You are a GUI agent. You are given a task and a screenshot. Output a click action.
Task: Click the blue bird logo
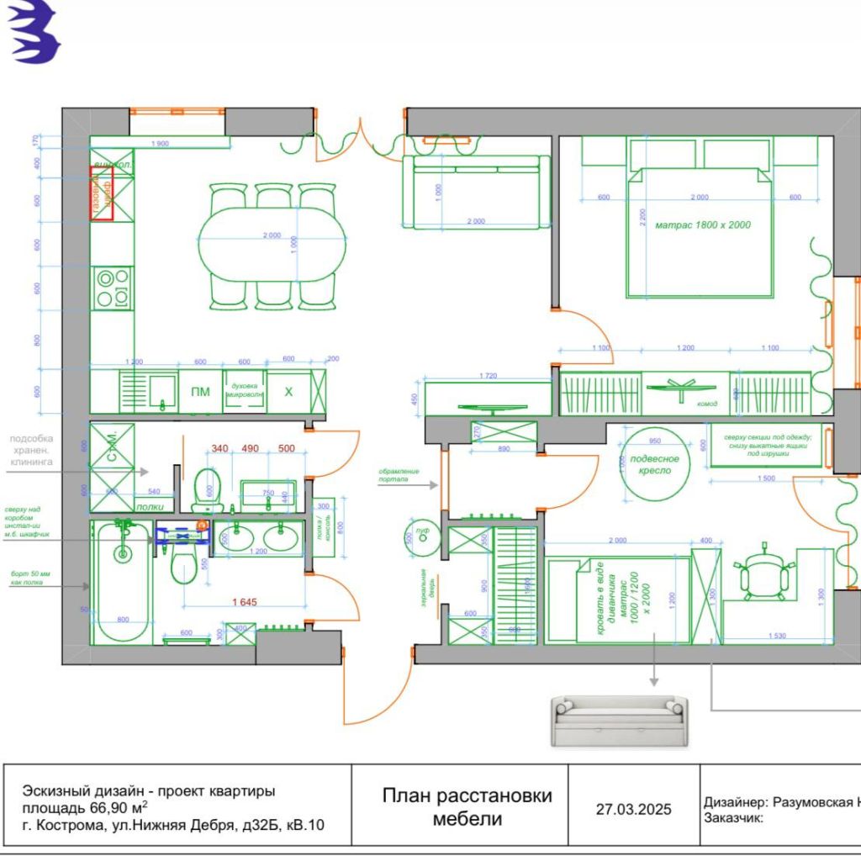point(34,32)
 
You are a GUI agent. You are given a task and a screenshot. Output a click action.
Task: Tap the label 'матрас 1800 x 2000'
point(703,225)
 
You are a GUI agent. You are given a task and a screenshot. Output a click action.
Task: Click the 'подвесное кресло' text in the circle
point(656,465)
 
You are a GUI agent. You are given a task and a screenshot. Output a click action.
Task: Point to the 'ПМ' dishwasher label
point(200,392)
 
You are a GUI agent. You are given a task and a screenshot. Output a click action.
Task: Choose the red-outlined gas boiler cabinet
point(102,193)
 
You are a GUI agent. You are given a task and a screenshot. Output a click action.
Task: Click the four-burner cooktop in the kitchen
point(113,288)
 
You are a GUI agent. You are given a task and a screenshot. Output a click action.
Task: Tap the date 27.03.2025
point(634,810)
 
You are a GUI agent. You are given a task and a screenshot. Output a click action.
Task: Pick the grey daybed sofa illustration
point(619,721)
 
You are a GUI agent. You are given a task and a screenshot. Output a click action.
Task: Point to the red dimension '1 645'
point(245,602)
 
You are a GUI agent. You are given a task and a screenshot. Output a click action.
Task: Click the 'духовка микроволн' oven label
point(244,391)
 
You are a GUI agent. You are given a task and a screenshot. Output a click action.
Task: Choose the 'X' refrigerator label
point(288,392)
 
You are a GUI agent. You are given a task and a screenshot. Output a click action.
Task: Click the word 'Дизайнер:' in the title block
point(735,802)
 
